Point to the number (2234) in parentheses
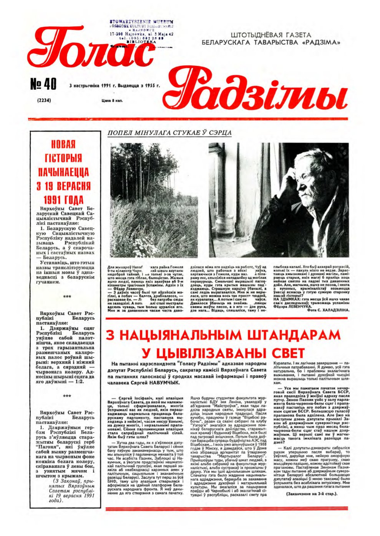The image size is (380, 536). [45, 101]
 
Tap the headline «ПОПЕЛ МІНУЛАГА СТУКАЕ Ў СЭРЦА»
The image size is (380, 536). [169, 133]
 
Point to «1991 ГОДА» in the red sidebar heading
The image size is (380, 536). [64, 200]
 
